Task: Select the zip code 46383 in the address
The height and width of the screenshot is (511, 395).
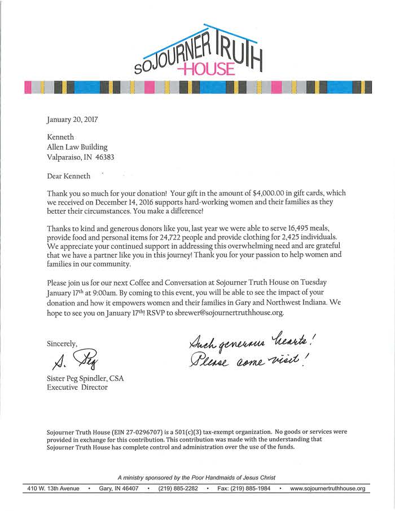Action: pyautogui.click(x=110, y=158)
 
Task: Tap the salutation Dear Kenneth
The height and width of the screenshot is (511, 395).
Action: pyautogui.click(x=68, y=176)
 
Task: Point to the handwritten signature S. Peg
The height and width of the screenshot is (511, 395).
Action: pyautogui.click(x=73, y=361)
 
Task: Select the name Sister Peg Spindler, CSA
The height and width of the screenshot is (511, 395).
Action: pyautogui.click(x=85, y=378)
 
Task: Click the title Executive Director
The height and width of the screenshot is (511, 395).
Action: pyautogui.click(x=77, y=387)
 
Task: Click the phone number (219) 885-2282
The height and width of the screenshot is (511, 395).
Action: pyautogui.click(x=178, y=488)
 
